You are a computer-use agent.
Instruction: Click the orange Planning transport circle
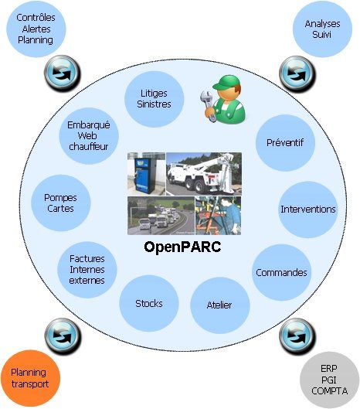30,379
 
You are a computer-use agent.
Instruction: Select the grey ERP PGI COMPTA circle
329,380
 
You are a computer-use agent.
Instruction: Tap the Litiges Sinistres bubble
154,99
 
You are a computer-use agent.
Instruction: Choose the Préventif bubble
285,143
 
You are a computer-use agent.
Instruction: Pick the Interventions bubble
308,210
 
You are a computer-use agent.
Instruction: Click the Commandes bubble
281,273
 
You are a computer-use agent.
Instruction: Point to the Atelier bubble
219,305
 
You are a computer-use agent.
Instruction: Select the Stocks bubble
149,303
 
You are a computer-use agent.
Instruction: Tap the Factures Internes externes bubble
87,270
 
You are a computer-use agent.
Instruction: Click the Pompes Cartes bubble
61,203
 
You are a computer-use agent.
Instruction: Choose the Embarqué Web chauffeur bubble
89,136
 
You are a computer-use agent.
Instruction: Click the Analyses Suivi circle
322,29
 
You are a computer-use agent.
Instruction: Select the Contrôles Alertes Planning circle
36,29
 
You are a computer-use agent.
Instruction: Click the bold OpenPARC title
182,247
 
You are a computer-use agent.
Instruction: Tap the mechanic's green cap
226,82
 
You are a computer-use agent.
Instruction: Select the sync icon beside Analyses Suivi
297,73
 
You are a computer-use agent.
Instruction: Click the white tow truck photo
204,174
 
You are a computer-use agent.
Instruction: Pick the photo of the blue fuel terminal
146,174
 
